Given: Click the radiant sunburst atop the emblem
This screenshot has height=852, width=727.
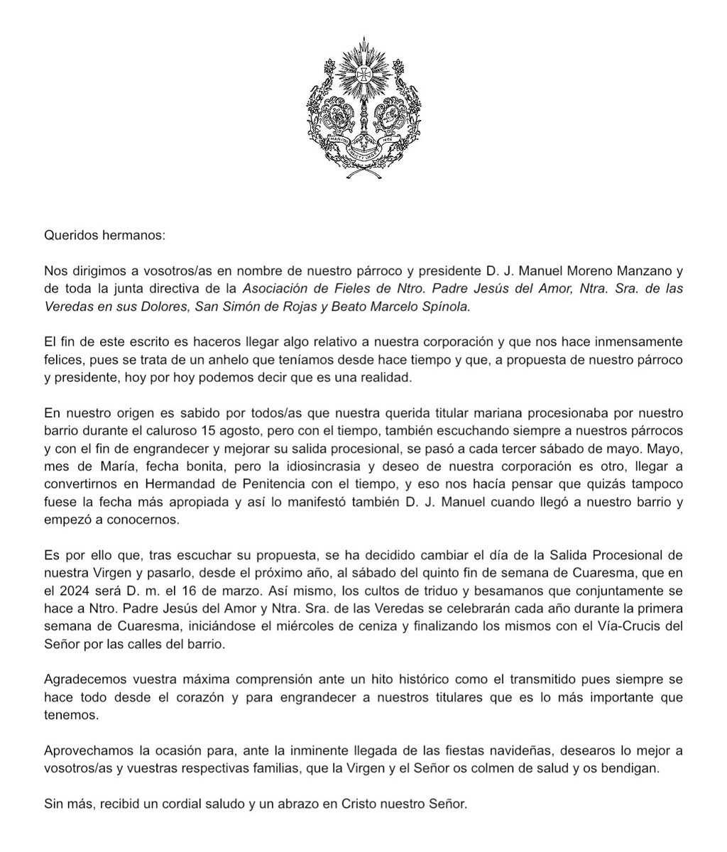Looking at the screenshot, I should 363,73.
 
